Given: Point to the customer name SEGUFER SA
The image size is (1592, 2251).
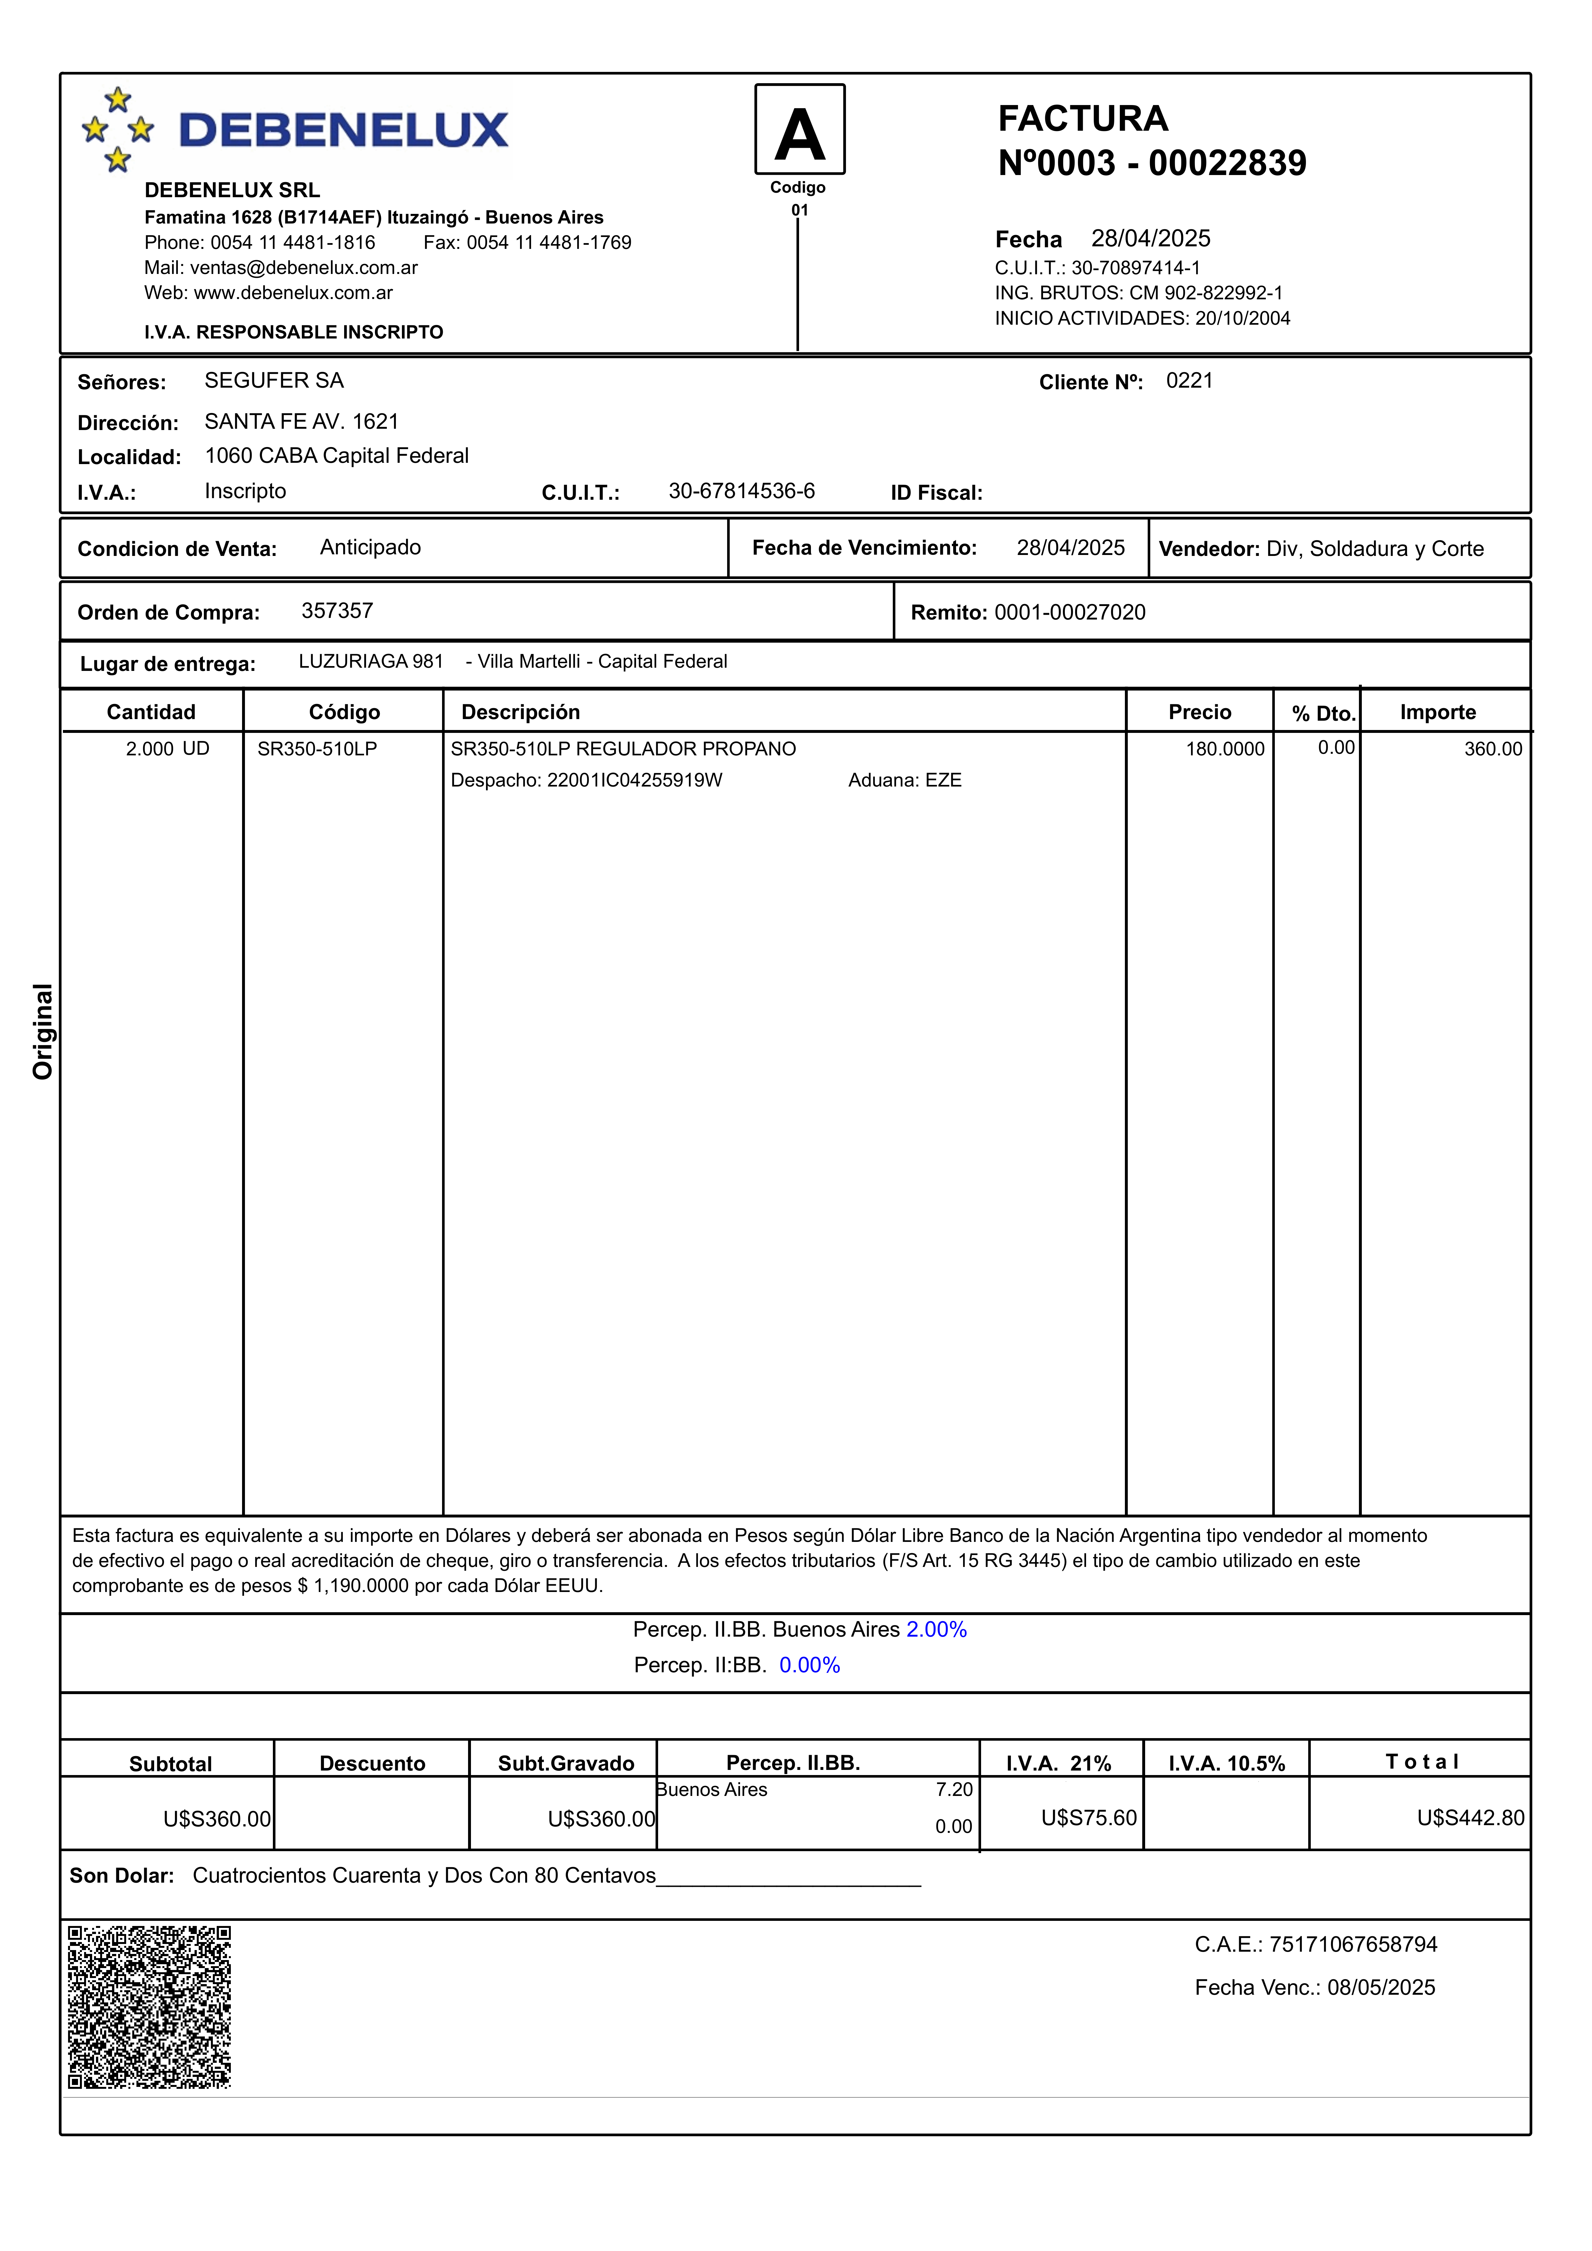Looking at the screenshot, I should pyautogui.click(x=274, y=380).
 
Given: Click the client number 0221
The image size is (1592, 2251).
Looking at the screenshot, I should pyautogui.click(x=1189, y=380).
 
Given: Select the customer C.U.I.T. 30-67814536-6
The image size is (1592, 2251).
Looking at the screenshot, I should pyautogui.click(x=741, y=491).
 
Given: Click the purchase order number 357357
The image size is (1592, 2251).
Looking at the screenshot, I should pyautogui.click(x=337, y=611).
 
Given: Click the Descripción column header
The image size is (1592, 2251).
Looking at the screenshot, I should pyautogui.click(x=520, y=712).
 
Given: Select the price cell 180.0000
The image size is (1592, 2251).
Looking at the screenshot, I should pyautogui.click(x=1224, y=749).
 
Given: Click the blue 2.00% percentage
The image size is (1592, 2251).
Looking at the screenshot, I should pyautogui.click(x=936, y=1630).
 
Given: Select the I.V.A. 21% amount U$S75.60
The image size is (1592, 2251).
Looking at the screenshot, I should pyautogui.click(x=1088, y=1818).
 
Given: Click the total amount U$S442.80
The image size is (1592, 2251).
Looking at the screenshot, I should pyautogui.click(x=1469, y=1818).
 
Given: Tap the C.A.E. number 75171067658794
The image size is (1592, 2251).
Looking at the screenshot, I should pyautogui.click(x=1353, y=1944).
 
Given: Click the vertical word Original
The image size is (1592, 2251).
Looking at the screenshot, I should pyautogui.click(x=42, y=1031).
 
